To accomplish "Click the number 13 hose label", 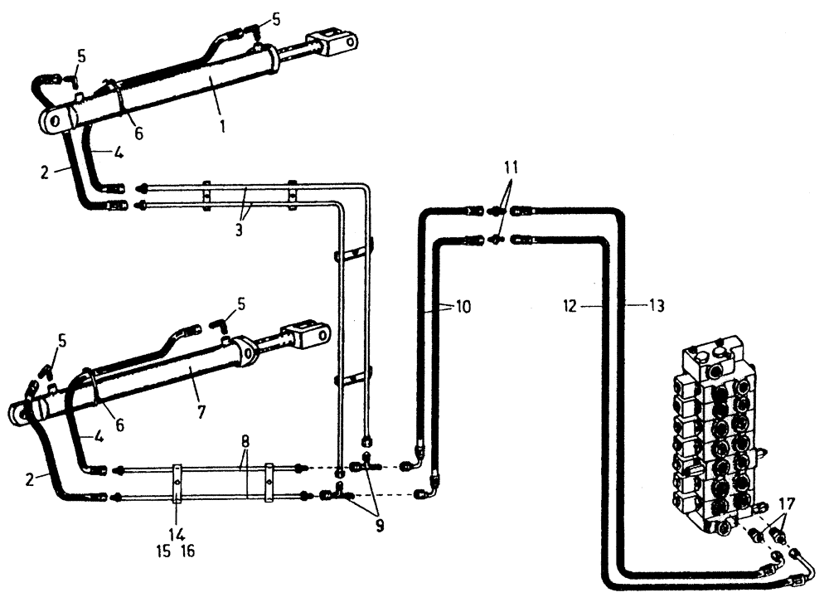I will (655, 306).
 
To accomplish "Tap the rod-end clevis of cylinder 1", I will (335, 42).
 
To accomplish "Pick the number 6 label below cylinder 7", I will (119, 425).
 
